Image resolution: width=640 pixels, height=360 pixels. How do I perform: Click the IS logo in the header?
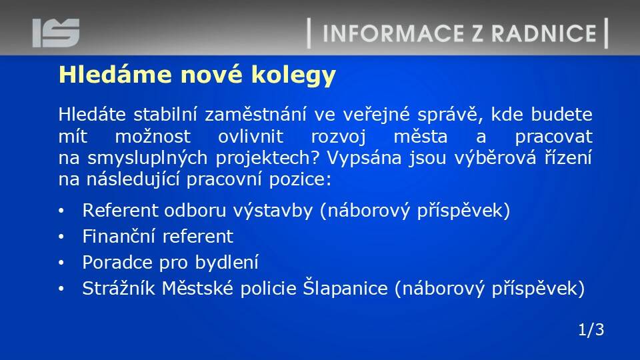pyautogui.click(x=56, y=33)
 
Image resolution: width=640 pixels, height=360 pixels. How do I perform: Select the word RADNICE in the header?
pyautogui.click(x=544, y=33)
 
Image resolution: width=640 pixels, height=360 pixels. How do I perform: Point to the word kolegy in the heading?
pyautogui.click(x=293, y=76)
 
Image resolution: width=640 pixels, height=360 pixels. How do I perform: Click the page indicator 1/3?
pyautogui.click(x=591, y=329)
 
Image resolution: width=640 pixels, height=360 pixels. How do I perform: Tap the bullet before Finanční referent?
pyautogui.click(x=61, y=237)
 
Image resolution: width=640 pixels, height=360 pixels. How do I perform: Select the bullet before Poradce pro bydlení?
pyautogui.click(x=61, y=263)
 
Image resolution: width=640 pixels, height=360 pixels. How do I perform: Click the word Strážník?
pyautogui.click(x=119, y=288)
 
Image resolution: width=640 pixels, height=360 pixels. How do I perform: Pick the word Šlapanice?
pyautogui.click(x=345, y=288)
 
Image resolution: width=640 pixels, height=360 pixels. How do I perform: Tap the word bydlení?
pyautogui.click(x=227, y=263)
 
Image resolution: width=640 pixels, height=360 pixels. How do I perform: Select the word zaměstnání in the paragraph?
pyautogui.click(x=255, y=114)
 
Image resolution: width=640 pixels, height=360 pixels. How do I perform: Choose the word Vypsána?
pyautogui.click(x=364, y=157)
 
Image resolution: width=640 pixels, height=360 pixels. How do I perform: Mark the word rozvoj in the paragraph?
pyautogui.click(x=339, y=137)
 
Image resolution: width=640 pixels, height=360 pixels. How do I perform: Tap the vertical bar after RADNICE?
pyautogui.click(x=606, y=33)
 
